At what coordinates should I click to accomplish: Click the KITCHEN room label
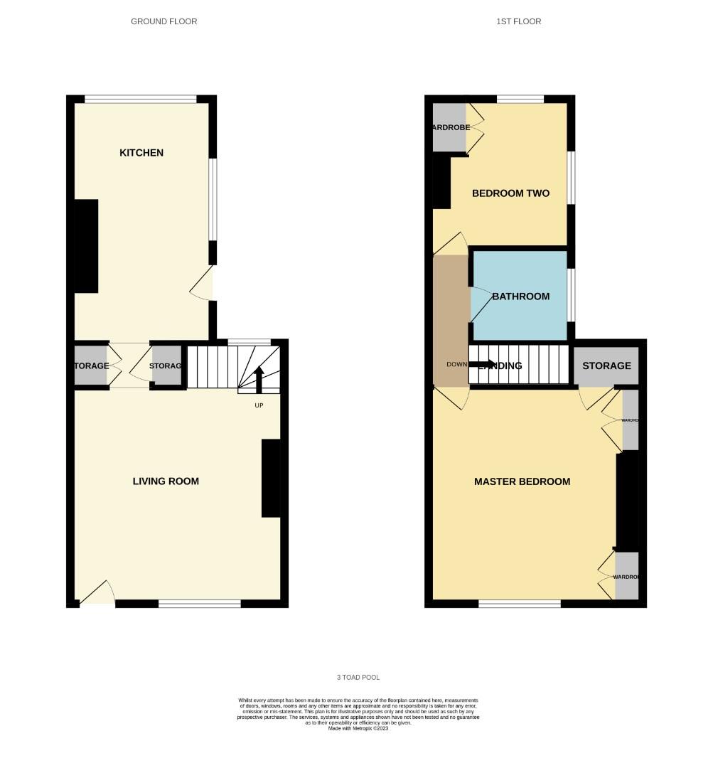[141, 153]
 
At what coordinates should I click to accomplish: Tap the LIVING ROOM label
[166, 481]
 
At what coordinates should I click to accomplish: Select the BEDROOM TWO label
[510, 193]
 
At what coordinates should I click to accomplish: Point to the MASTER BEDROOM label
[522, 481]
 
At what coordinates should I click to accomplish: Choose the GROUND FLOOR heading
[163, 21]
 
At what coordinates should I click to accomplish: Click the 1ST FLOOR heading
[519, 21]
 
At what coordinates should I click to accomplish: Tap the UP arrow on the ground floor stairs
[259, 378]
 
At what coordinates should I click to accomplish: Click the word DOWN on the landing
[456, 365]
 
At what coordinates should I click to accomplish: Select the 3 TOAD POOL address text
[358, 678]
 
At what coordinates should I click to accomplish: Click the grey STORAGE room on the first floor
[606, 366]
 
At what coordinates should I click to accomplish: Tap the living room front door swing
[97, 593]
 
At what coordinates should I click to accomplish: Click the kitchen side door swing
[203, 284]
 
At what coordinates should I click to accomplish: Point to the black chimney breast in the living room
[271, 478]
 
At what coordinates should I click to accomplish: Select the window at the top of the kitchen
[141, 100]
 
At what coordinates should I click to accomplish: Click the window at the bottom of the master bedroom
[520, 604]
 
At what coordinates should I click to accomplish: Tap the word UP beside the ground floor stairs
[259, 405]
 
